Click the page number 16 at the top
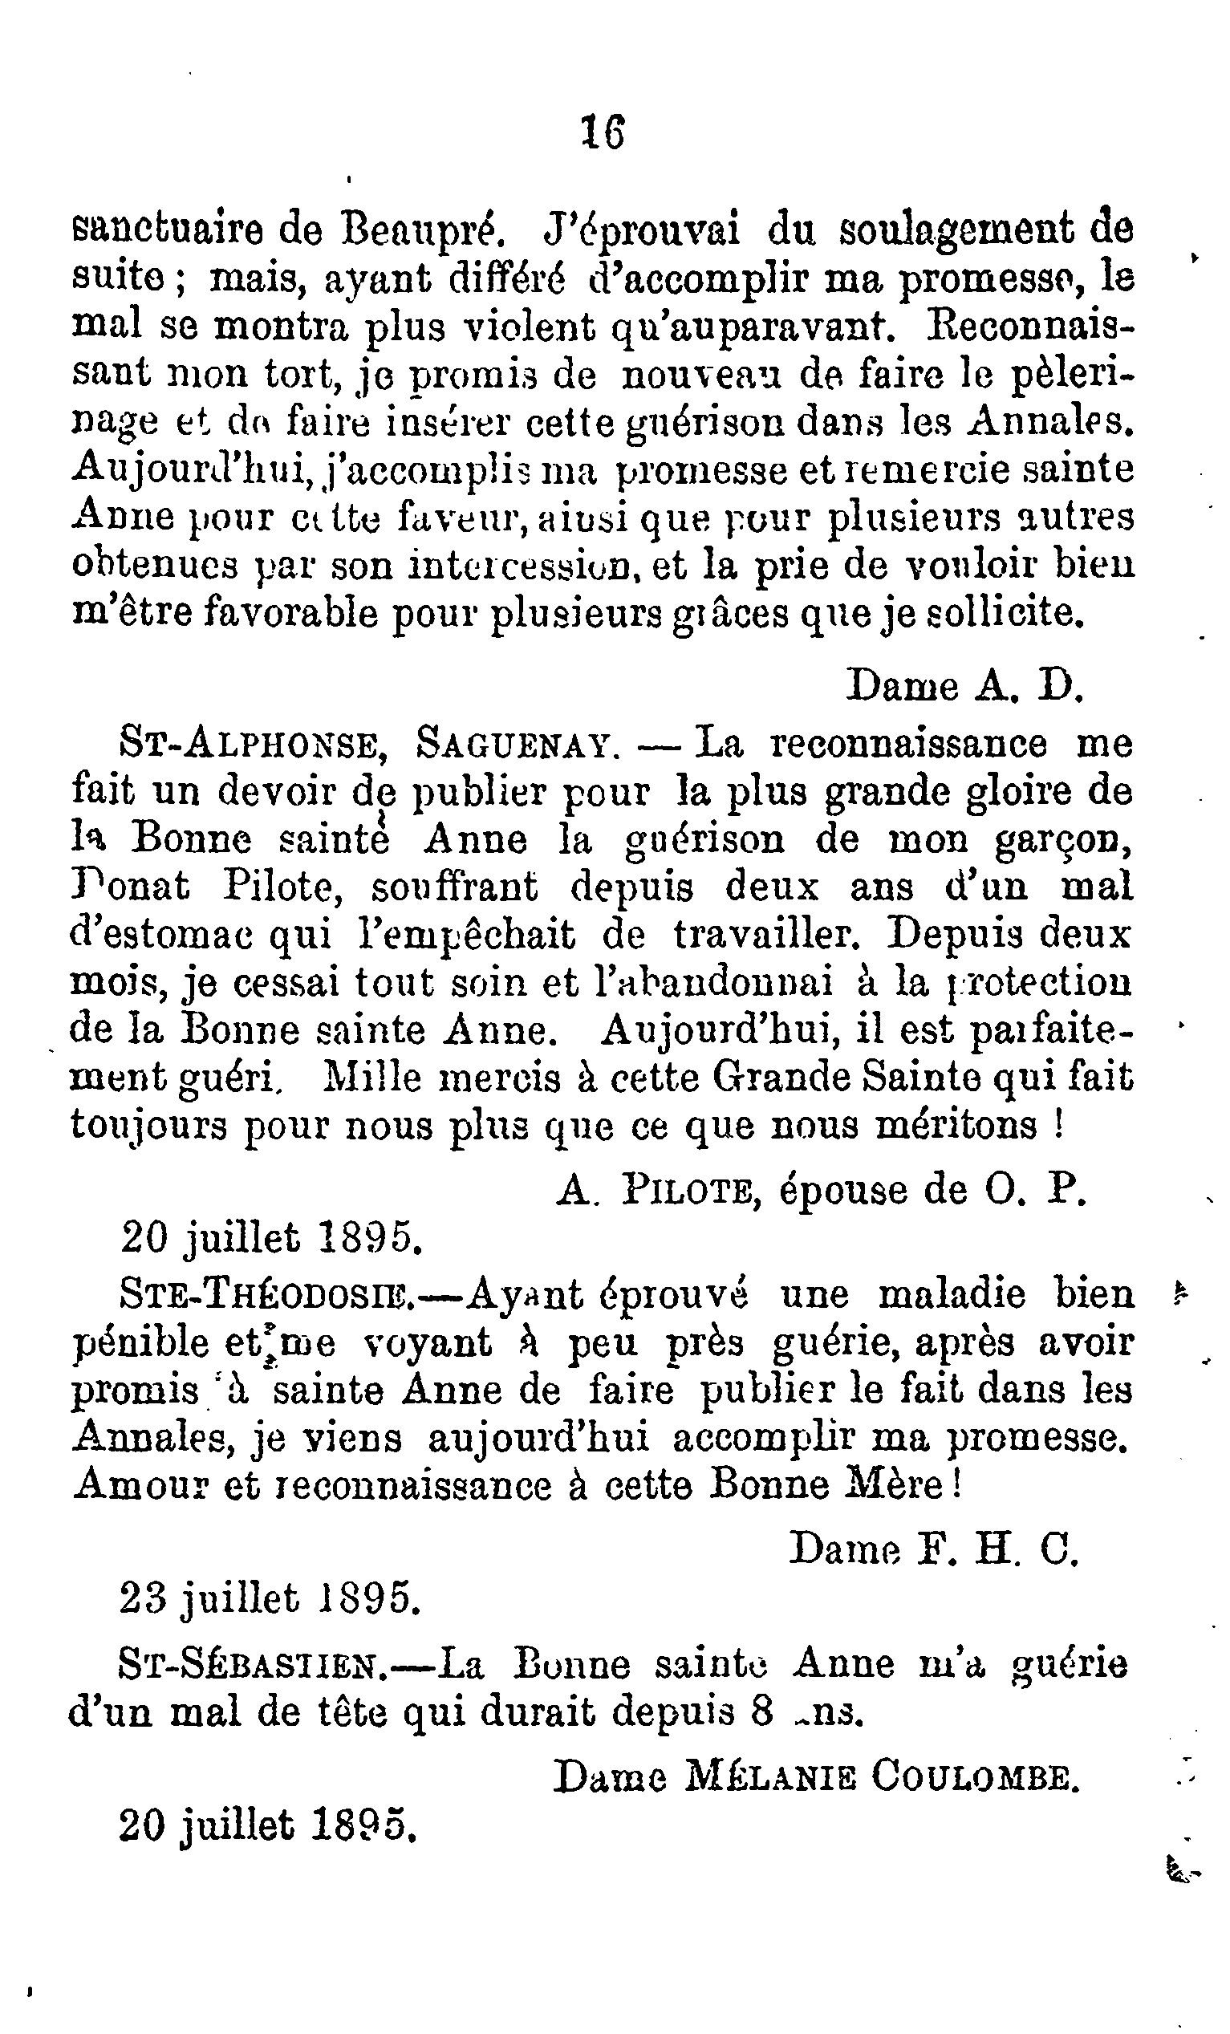tap(603, 133)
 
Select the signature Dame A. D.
tap(964, 684)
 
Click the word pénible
tap(140, 1345)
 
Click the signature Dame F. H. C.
tap(934, 1551)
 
